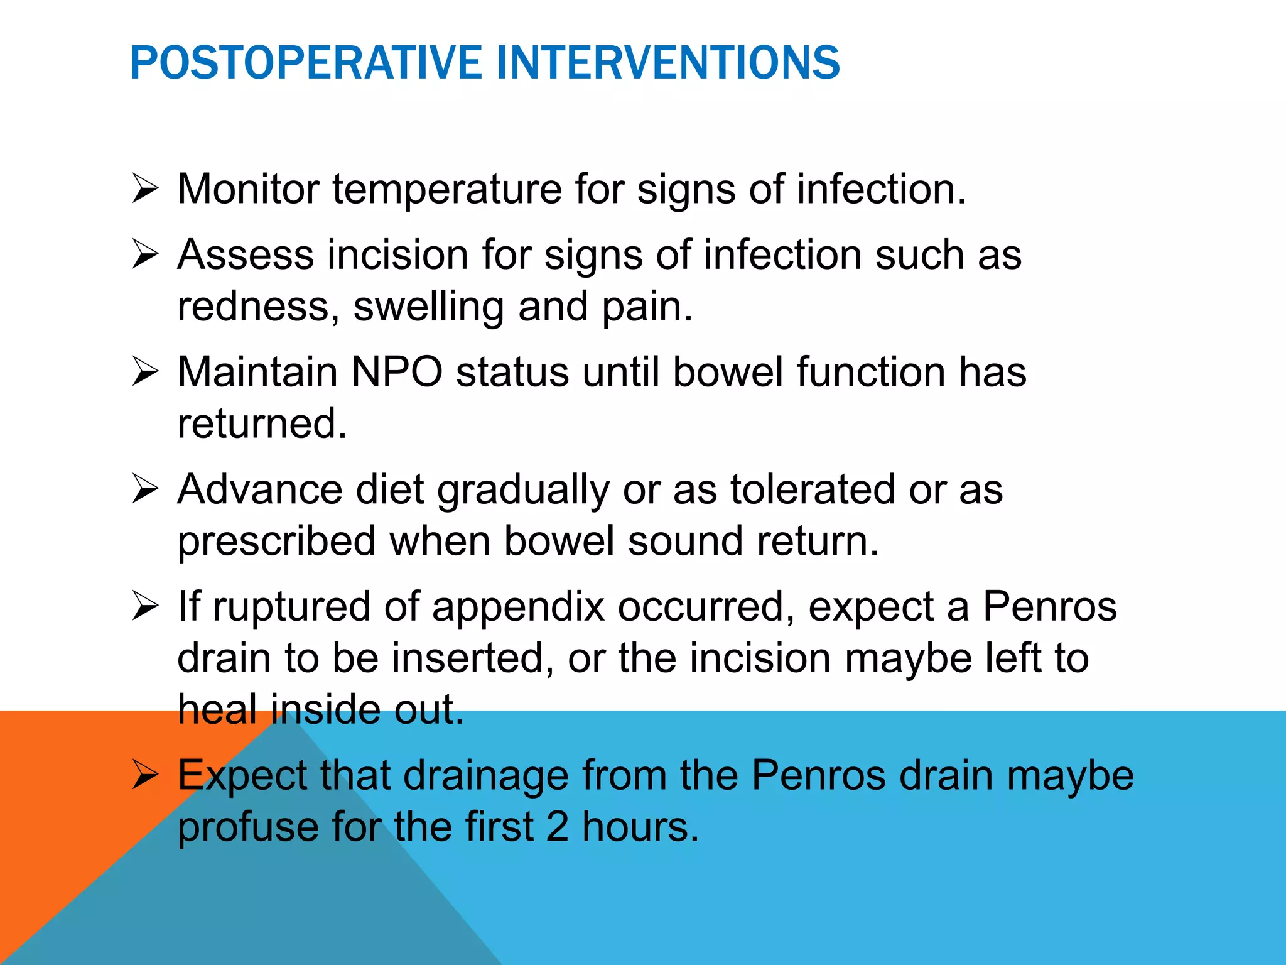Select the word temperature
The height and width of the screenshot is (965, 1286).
click(x=447, y=190)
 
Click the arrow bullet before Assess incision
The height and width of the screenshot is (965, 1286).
click(x=145, y=255)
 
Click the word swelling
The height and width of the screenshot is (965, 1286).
click(x=428, y=308)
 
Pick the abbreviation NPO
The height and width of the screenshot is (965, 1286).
click(x=397, y=372)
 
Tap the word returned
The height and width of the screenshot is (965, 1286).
click(x=262, y=423)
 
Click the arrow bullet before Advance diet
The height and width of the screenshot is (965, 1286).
click(x=145, y=489)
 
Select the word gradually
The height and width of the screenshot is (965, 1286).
click(x=523, y=491)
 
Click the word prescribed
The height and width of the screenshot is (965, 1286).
click(x=276, y=542)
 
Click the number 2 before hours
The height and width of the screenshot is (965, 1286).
click(x=557, y=827)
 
